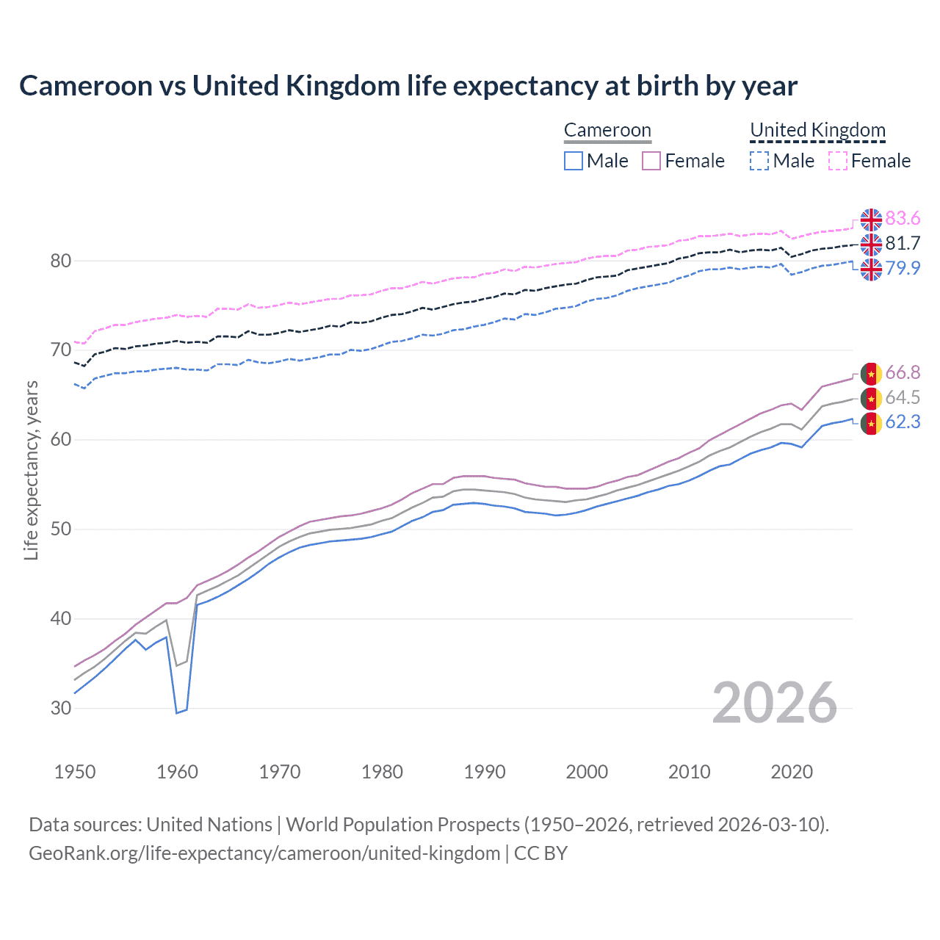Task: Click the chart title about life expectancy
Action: tap(408, 86)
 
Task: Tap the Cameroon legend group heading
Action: tap(607, 131)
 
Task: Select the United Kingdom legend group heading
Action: tap(817, 131)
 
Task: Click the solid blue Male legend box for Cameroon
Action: tap(574, 161)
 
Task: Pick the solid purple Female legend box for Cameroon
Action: tap(651, 161)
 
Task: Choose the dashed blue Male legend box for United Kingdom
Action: tap(759, 161)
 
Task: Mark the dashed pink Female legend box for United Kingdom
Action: tap(838, 161)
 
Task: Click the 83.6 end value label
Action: tap(903, 219)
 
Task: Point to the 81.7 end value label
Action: tap(903, 244)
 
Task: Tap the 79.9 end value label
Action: tap(903, 269)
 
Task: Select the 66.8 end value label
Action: tap(903, 373)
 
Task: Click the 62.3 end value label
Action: tap(903, 422)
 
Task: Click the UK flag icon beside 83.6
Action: tap(871, 220)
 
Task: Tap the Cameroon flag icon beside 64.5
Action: tap(871, 399)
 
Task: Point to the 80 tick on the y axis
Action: tap(61, 261)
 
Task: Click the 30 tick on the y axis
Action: tap(61, 709)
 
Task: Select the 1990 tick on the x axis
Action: tap(485, 772)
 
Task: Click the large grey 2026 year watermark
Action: tap(774, 703)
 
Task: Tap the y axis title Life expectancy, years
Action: tap(32, 470)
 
